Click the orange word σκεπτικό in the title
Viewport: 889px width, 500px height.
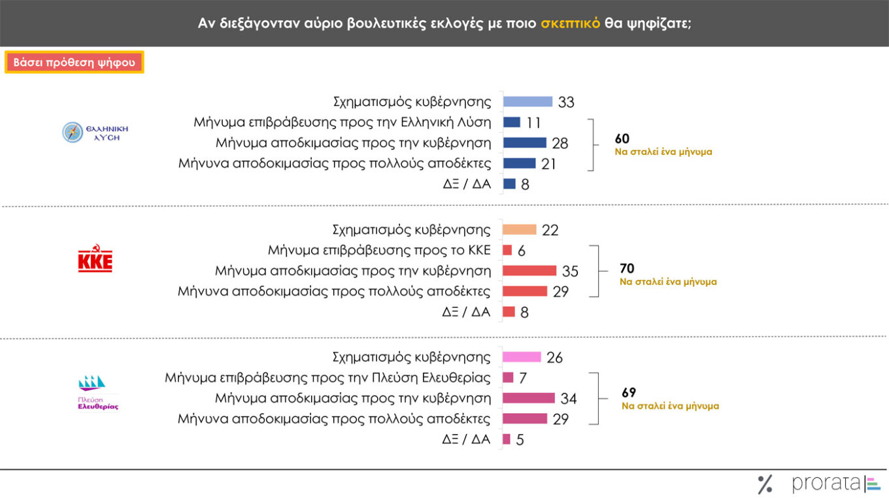click(x=570, y=23)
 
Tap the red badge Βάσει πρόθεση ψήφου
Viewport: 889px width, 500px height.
click(x=74, y=63)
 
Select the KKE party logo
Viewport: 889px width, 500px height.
click(x=95, y=258)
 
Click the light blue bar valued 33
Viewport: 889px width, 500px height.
click(x=528, y=101)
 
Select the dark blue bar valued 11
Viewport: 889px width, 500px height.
click(x=511, y=122)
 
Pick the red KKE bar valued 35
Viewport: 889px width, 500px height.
click(x=529, y=271)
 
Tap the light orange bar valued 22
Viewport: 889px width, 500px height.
click(x=519, y=230)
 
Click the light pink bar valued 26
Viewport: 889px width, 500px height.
click(x=522, y=357)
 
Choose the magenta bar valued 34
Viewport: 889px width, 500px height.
click(x=528, y=398)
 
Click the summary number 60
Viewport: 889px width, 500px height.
click(x=622, y=139)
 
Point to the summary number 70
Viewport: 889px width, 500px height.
click(x=627, y=269)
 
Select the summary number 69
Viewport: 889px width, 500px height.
click(x=629, y=393)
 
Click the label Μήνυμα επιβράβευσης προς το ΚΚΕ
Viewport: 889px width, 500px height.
click(x=379, y=250)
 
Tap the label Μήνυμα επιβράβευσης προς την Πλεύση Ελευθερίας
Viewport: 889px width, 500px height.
click(x=327, y=377)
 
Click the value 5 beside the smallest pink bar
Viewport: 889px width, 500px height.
click(x=520, y=440)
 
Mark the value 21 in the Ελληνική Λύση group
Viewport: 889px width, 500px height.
click(x=548, y=164)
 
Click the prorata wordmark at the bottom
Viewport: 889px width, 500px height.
click(x=826, y=484)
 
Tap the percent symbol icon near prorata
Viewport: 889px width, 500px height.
click(x=765, y=484)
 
